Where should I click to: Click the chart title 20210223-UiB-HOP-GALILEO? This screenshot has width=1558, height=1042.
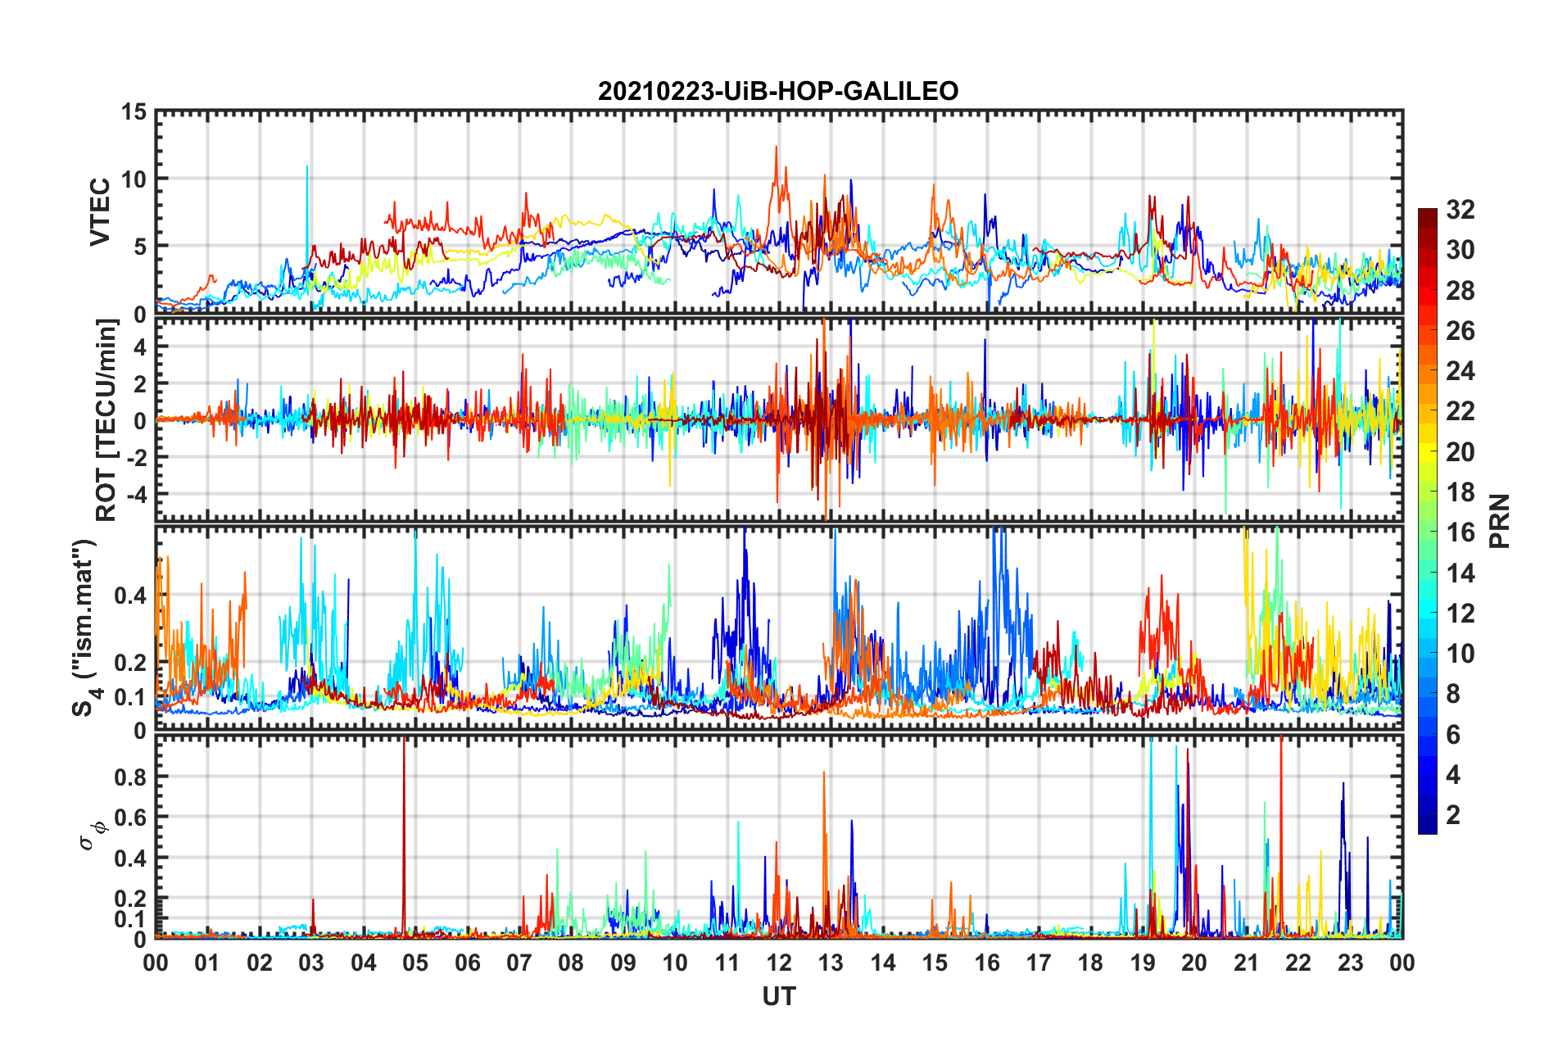[778, 91]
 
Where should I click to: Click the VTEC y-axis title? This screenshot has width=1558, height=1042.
[99, 211]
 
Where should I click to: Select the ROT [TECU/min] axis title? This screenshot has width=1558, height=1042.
[106, 419]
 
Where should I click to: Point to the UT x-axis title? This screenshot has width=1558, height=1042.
[778, 996]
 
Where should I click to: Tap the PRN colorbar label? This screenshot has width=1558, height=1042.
[1500, 521]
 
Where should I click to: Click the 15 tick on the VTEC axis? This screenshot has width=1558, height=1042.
[134, 111]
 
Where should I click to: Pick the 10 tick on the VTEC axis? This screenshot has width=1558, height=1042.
[134, 179]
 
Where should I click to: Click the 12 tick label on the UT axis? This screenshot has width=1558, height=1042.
[778, 963]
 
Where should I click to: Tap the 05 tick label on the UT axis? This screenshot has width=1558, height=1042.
[415, 963]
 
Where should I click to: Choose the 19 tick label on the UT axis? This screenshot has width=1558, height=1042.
[1142, 963]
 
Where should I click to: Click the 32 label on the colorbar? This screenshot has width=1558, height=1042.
[1460, 210]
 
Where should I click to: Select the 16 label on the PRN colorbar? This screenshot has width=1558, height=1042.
[1460, 532]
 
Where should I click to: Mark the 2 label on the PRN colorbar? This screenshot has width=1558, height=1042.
[1453, 815]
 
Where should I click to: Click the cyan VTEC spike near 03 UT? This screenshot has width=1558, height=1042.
[307, 172]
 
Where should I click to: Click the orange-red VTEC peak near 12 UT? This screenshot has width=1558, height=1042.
[776, 152]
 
